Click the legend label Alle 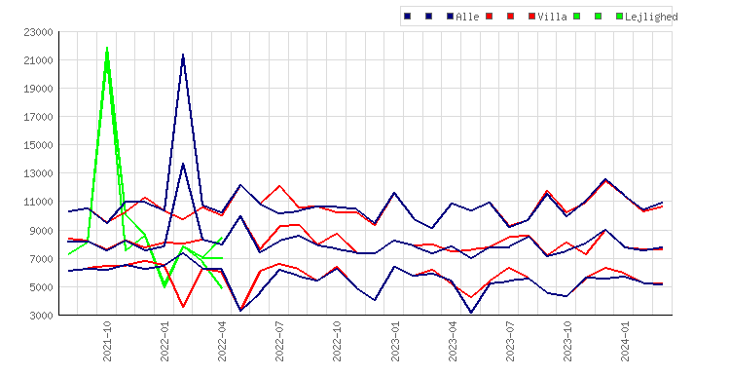467,17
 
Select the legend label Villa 552,17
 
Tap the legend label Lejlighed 651,18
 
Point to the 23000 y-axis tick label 38,32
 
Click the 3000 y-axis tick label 41,316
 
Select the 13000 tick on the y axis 38,173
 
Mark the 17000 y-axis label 38,118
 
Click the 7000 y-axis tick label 41,259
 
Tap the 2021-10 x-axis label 107,341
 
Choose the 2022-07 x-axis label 279,341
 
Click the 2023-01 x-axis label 395,341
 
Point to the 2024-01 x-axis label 625,341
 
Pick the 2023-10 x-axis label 567,341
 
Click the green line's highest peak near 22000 107,48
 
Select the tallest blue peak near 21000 183,55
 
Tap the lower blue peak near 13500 183,164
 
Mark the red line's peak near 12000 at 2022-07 279,186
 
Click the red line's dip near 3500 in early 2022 183,307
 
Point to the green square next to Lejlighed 619,17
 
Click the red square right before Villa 531,17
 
